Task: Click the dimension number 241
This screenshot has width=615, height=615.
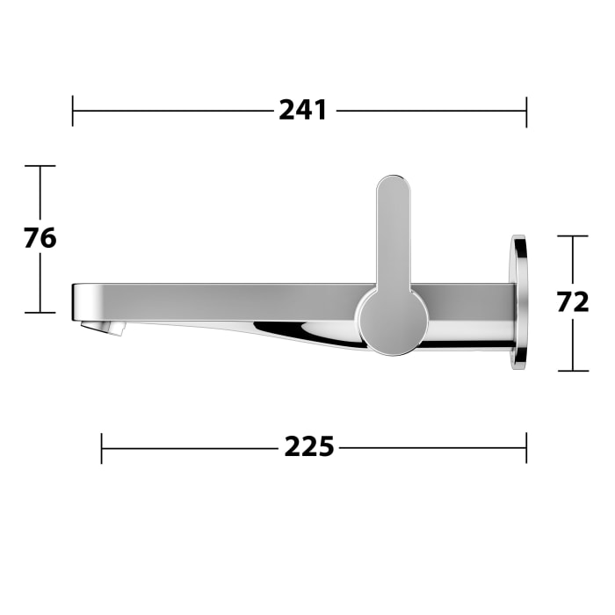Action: point(303,111)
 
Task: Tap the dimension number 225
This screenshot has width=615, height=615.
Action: point(308,447)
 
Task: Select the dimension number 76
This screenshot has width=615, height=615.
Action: point(40,238)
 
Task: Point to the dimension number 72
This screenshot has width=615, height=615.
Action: point(573,302)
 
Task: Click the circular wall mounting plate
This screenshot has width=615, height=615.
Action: point(519,302)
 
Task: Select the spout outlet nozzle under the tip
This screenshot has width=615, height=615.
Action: point(103,328)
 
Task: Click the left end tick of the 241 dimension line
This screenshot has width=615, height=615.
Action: point(73,111)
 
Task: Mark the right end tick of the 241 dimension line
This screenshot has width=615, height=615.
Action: point(526,111)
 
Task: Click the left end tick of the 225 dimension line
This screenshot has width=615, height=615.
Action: point(102,447)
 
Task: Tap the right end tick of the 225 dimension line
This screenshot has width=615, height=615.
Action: point(526,447)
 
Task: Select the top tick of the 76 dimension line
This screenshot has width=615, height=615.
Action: point(40,165)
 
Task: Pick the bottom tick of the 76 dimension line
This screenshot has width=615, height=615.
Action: point(40,312)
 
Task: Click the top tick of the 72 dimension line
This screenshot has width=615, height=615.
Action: point(573,235)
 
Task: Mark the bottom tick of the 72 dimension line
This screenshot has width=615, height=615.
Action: point(573,370)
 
